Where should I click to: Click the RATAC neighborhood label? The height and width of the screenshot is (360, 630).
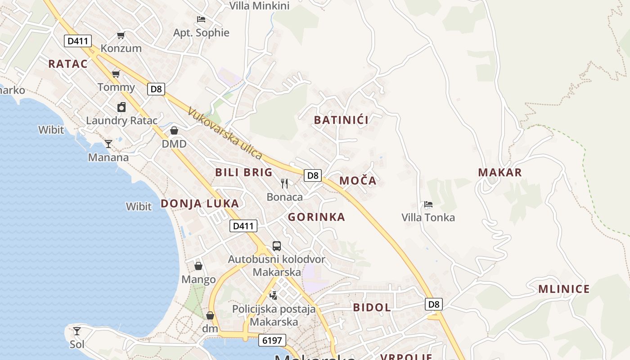click(68, 64)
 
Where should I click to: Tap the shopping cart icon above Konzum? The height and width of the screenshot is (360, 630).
click(121, 35)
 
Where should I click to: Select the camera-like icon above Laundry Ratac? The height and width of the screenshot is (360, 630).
click(121, 107)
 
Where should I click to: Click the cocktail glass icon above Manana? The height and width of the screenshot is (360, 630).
click(108, 144)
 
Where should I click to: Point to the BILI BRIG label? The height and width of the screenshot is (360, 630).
click(244, 172)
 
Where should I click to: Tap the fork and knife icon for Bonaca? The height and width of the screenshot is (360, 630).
click(284, 184)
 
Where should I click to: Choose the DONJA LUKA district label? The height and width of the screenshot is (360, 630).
click(200, 203)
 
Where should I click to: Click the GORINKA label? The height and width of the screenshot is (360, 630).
click(316, 217)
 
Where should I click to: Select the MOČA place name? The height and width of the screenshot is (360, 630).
click(358, 181)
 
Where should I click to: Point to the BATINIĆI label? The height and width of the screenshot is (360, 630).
click(341, 120)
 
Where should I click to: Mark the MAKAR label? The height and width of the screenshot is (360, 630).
click(500, 172)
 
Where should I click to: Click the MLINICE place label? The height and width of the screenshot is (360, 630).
click(564, 289)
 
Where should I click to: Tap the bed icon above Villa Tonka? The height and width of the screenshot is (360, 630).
click(428, 204)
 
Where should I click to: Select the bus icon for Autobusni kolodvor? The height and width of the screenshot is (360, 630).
click(277, 246)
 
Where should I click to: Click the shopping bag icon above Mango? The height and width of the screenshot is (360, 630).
click(198, 266)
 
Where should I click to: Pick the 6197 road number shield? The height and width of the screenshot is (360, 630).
click(273, 340)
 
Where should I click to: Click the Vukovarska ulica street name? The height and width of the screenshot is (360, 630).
click(225, 133)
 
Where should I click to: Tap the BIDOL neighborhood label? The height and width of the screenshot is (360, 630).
click(372, 308)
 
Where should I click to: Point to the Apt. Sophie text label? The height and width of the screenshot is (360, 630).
click(201, 33)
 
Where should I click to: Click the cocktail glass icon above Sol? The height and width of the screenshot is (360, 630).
click(77, 331)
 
